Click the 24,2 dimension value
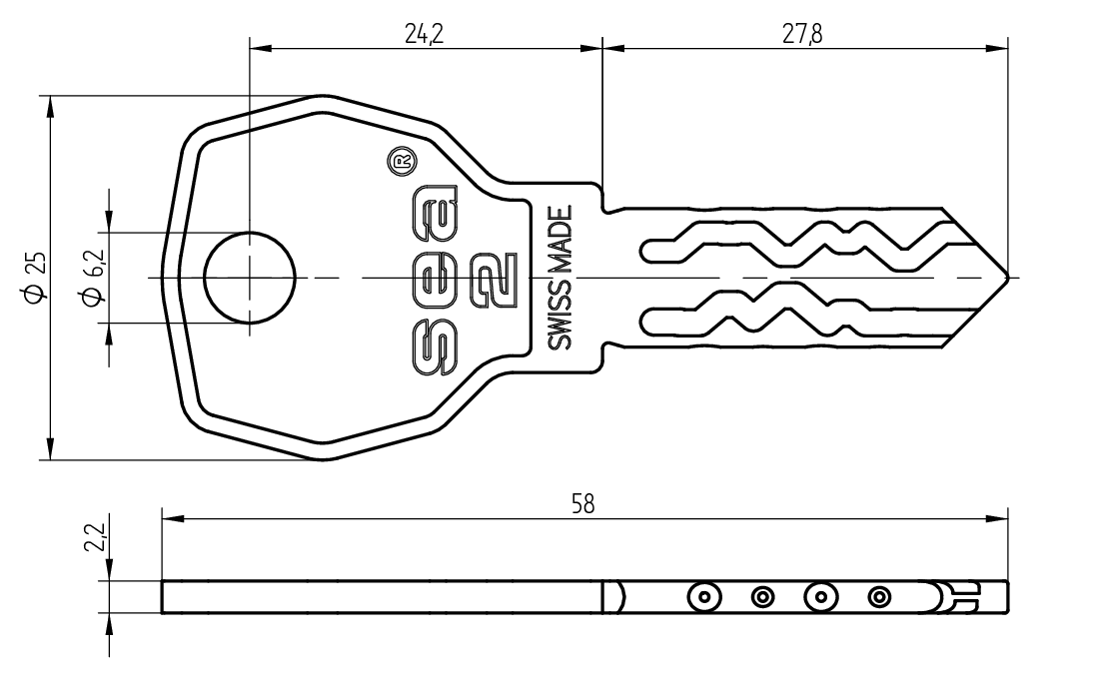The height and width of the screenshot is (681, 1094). (x=425, y=34)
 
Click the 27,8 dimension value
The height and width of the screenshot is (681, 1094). (x=802, y=34)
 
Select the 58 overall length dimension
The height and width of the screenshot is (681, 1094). (x=583, y=503)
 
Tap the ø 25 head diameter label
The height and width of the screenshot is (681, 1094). (x=35, y=278)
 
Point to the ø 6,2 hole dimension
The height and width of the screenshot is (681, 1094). (x=93, y=278)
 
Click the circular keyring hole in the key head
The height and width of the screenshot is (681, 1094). (x=250, y=278)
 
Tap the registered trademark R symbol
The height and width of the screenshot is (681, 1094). (x=402, y=161)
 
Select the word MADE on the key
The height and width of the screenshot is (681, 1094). (x=560, y=242)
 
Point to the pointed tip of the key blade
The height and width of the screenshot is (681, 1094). (x=1007, y=278)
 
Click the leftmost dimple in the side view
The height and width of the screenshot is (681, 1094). (x=704, y=597)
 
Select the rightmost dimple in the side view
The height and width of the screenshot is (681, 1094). (x=879, y=597)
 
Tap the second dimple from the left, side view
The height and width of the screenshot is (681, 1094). (x=762, y=597)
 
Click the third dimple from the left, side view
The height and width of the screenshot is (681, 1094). (x=821, y=597)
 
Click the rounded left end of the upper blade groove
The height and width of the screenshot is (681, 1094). (x=645, y=251)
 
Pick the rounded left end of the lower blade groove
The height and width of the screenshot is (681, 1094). (x=645, y=321)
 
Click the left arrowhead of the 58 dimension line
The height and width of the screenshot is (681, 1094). (x=173, y=518)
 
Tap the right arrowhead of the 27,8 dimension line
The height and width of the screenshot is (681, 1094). (x=997, y=48)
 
